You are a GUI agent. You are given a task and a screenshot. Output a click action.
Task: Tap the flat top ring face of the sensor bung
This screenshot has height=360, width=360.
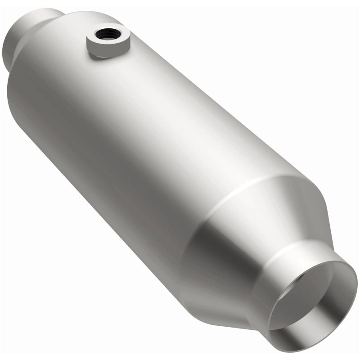click(97, 36)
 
